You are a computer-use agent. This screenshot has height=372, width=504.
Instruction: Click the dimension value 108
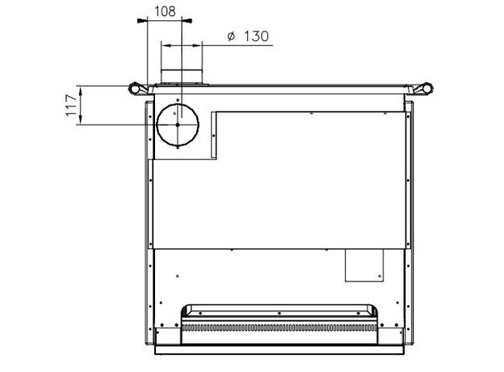(166, 11)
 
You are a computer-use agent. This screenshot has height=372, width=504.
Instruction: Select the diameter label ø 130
(248, 36)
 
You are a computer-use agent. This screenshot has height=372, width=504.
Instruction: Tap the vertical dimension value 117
(71, 105)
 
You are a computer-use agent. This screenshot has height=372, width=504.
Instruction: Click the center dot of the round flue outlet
(178, 125)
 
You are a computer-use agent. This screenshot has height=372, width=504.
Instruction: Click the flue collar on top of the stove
(182, 76)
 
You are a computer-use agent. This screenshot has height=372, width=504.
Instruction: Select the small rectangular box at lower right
(364, 265)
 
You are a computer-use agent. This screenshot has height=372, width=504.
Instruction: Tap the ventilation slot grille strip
(279, 328)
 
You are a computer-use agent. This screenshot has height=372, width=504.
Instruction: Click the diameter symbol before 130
(231, 36)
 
